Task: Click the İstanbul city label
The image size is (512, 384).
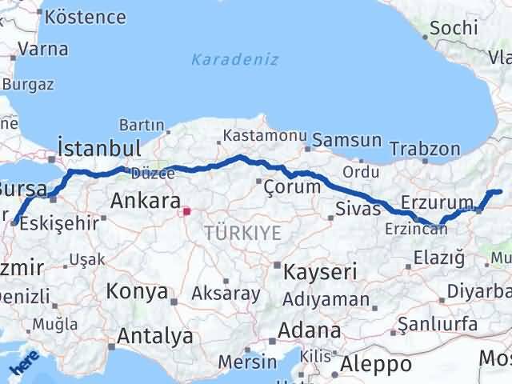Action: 99,148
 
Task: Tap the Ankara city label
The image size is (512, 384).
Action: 145,200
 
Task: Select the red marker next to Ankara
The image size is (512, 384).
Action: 186,212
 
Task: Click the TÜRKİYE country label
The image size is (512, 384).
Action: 242,234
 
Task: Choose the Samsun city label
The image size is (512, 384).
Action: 346,140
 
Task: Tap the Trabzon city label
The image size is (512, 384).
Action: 425,149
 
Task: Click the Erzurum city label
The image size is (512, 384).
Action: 433,201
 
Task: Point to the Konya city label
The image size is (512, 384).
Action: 137,290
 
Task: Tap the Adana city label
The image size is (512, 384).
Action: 310,330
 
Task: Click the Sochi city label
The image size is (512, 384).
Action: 454,28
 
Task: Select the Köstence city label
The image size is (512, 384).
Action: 86,17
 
